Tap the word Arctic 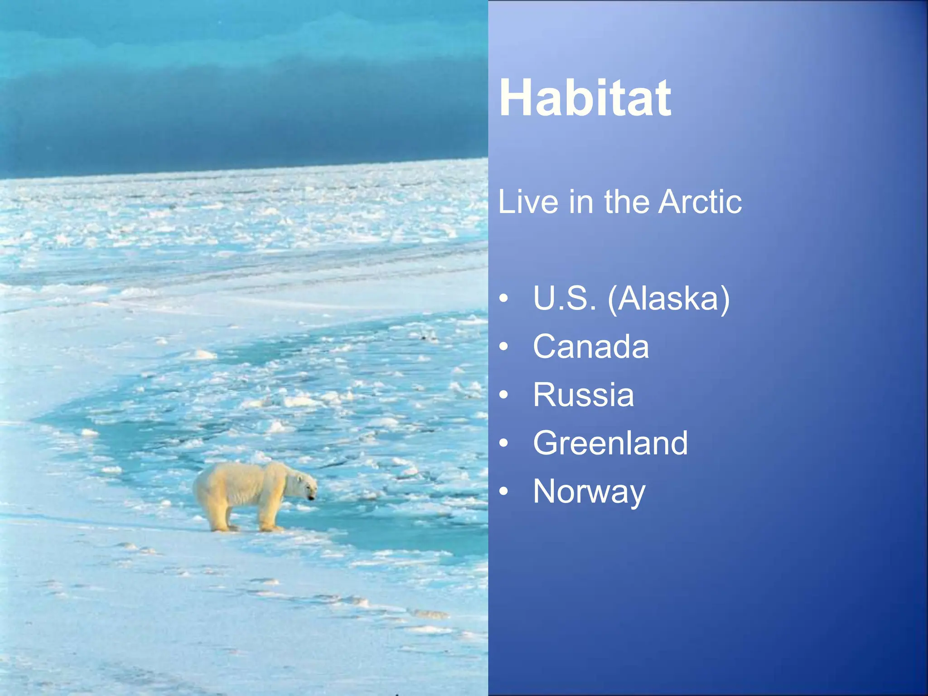pyautogui.click(x=700, y=202)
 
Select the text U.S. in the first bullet pyautogui.click(x=564, y=299)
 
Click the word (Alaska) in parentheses pyautogui.click(x=669, y=300)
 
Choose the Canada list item pyautogui.click(x=591, y=347)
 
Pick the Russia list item pyautogui.click(x=583, y=395)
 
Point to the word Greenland pyautogui.click(x=610, y=443)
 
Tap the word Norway pyautogui.click(x=589, y=492)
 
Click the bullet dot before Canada pyautogui.click(x=503, y=347)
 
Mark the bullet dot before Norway pyautogui.click(x=503, y=492)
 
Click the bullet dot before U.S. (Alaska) pyautogui.click(x=503, y=299)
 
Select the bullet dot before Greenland pyautogui.click(x=503, y=444)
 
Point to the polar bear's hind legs pyautogui.click(x=217, y=517)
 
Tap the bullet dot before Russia pyautogui.click(x=503, y=395)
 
